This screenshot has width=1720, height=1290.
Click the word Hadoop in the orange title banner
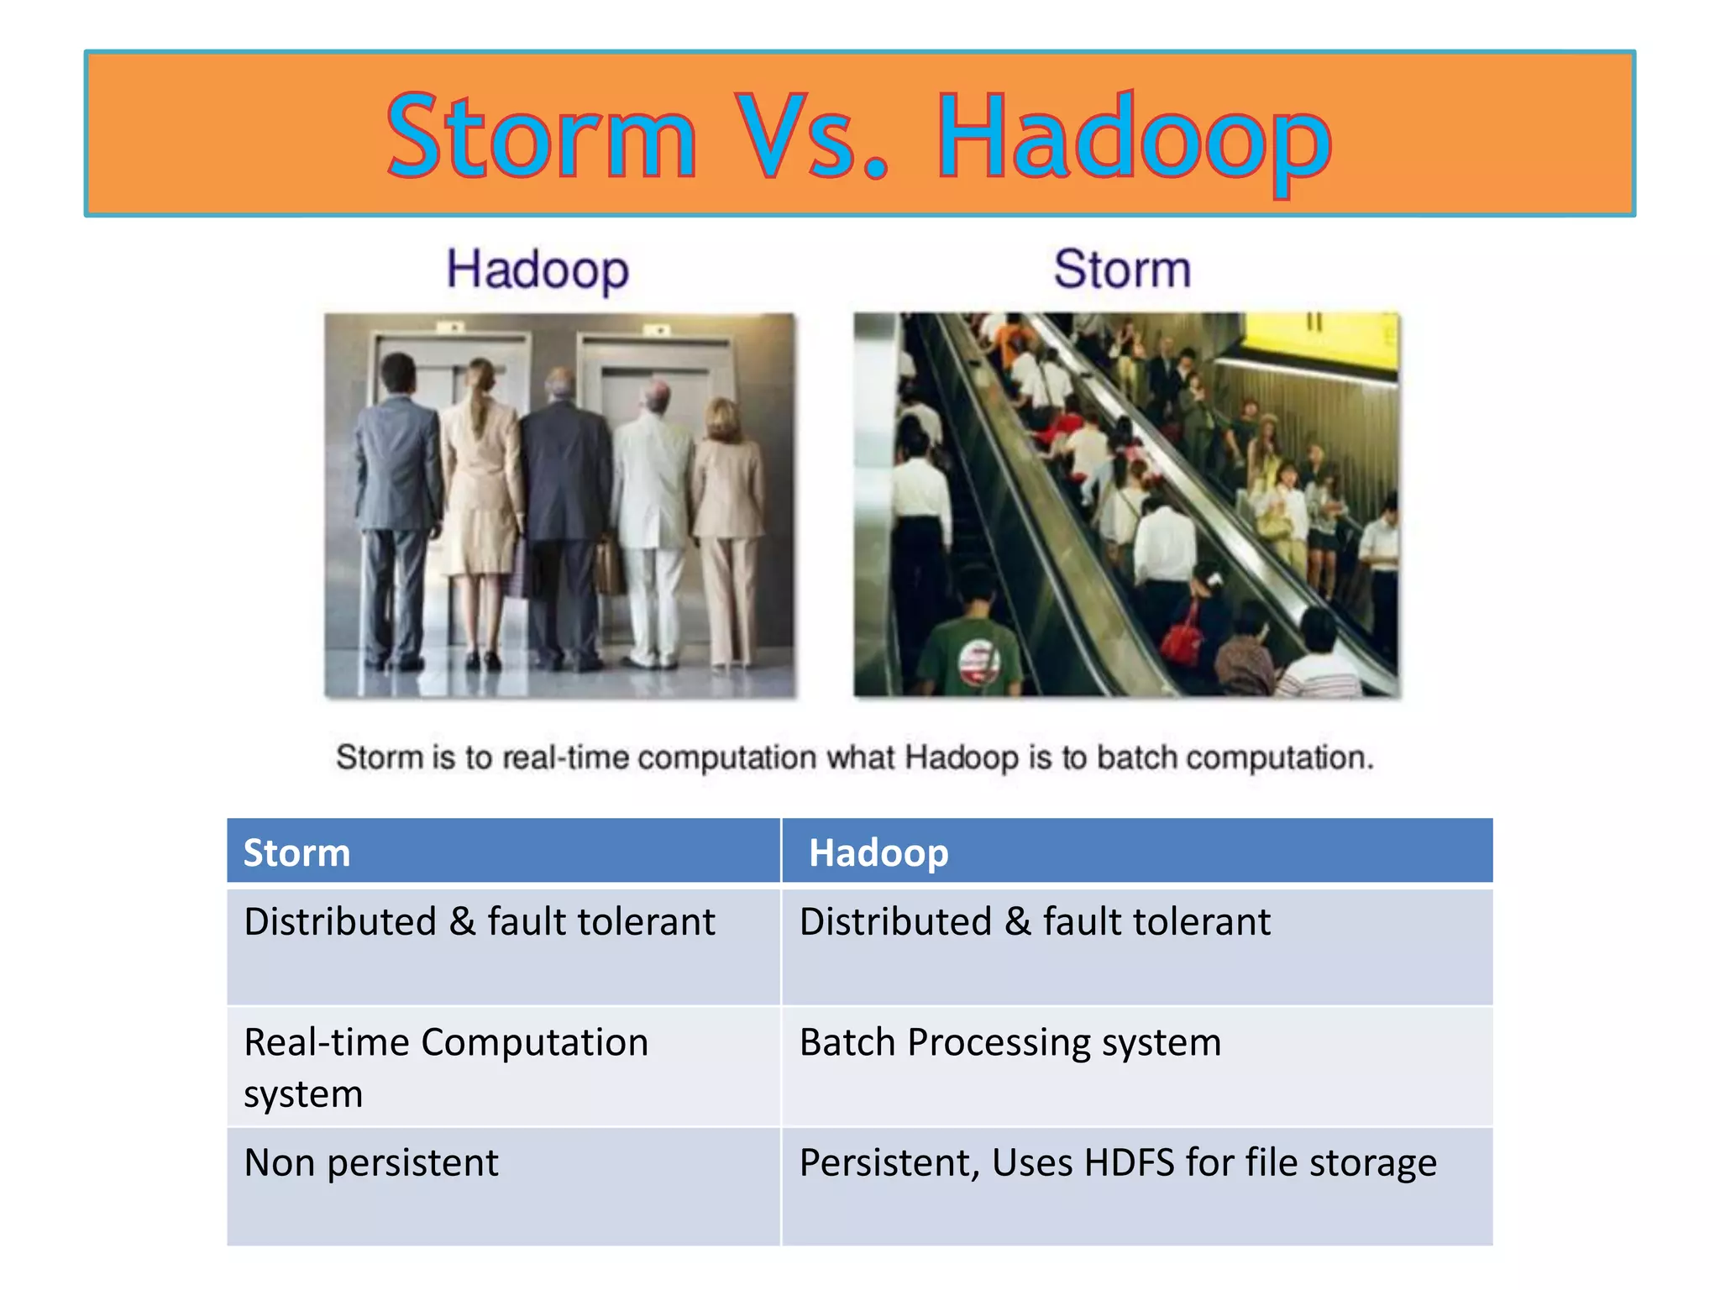point(1134,139)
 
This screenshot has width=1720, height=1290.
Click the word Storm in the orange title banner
point(542,139)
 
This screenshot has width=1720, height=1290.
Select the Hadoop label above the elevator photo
point(537,270)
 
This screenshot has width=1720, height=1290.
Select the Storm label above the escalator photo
point(1122,270)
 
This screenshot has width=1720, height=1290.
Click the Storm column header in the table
point(296,852)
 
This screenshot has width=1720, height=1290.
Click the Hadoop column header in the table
point(878,852)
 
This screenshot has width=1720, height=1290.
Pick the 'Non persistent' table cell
point(371,1163)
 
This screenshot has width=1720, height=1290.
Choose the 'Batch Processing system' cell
point(1009,1043)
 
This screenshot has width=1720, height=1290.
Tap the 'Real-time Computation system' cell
point(445,1067)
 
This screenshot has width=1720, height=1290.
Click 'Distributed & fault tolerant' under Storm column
point(479,922)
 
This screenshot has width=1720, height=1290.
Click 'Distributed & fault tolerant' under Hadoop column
point(1035,922)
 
